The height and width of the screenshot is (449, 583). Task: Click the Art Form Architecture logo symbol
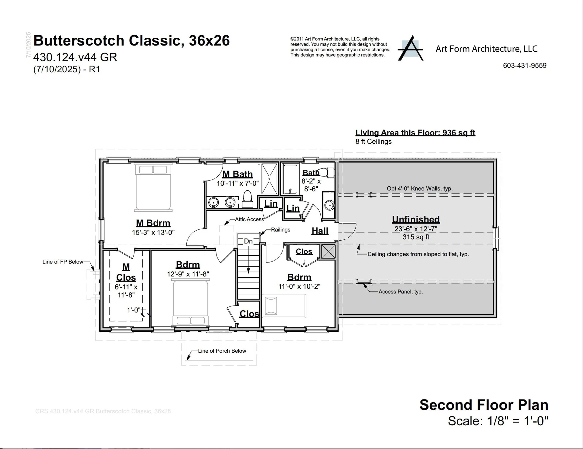pyautogui.click(x=411, y=49)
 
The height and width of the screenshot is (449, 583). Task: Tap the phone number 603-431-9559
pyautogui.click(x=524, y=66)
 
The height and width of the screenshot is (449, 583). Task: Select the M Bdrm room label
pyautogui.click(x=153, y=223)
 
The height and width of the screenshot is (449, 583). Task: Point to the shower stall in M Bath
pyautogui.click(x=269, y=179)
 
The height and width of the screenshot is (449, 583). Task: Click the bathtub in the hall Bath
pyautogui.click(x=290, y=179)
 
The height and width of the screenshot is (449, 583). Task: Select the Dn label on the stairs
pyautogui.click(x=248, y=241)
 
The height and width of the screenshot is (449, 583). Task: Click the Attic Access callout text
pyautogui.click(x=249, y=219)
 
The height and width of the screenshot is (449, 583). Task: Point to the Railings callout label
pyautogui.click(x=280, y=230)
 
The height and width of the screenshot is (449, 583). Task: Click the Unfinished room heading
pyautogui.click(x=416, y=219)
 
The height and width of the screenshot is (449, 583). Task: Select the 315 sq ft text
pyautogui.click(x=416, y=237)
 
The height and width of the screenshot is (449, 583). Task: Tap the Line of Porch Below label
pyautogui.click(x=222, y=351)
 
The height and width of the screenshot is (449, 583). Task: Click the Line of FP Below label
pyautogui.click(x=63, y=262)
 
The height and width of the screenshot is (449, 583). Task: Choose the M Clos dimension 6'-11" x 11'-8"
pyautogui.click(x=126, y=291)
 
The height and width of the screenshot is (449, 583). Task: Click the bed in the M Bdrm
pyautogui.click(x=153, y=187)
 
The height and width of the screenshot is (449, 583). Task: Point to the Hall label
pyautogui.click(x=320, y=231)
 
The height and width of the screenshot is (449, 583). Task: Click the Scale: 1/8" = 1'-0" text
pyautogui.click(x=498, y=421)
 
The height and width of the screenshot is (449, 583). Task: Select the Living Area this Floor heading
pyautogui.click(x=415, y=133)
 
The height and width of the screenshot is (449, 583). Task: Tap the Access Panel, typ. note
pyautogui.click(x=401, y=292)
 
